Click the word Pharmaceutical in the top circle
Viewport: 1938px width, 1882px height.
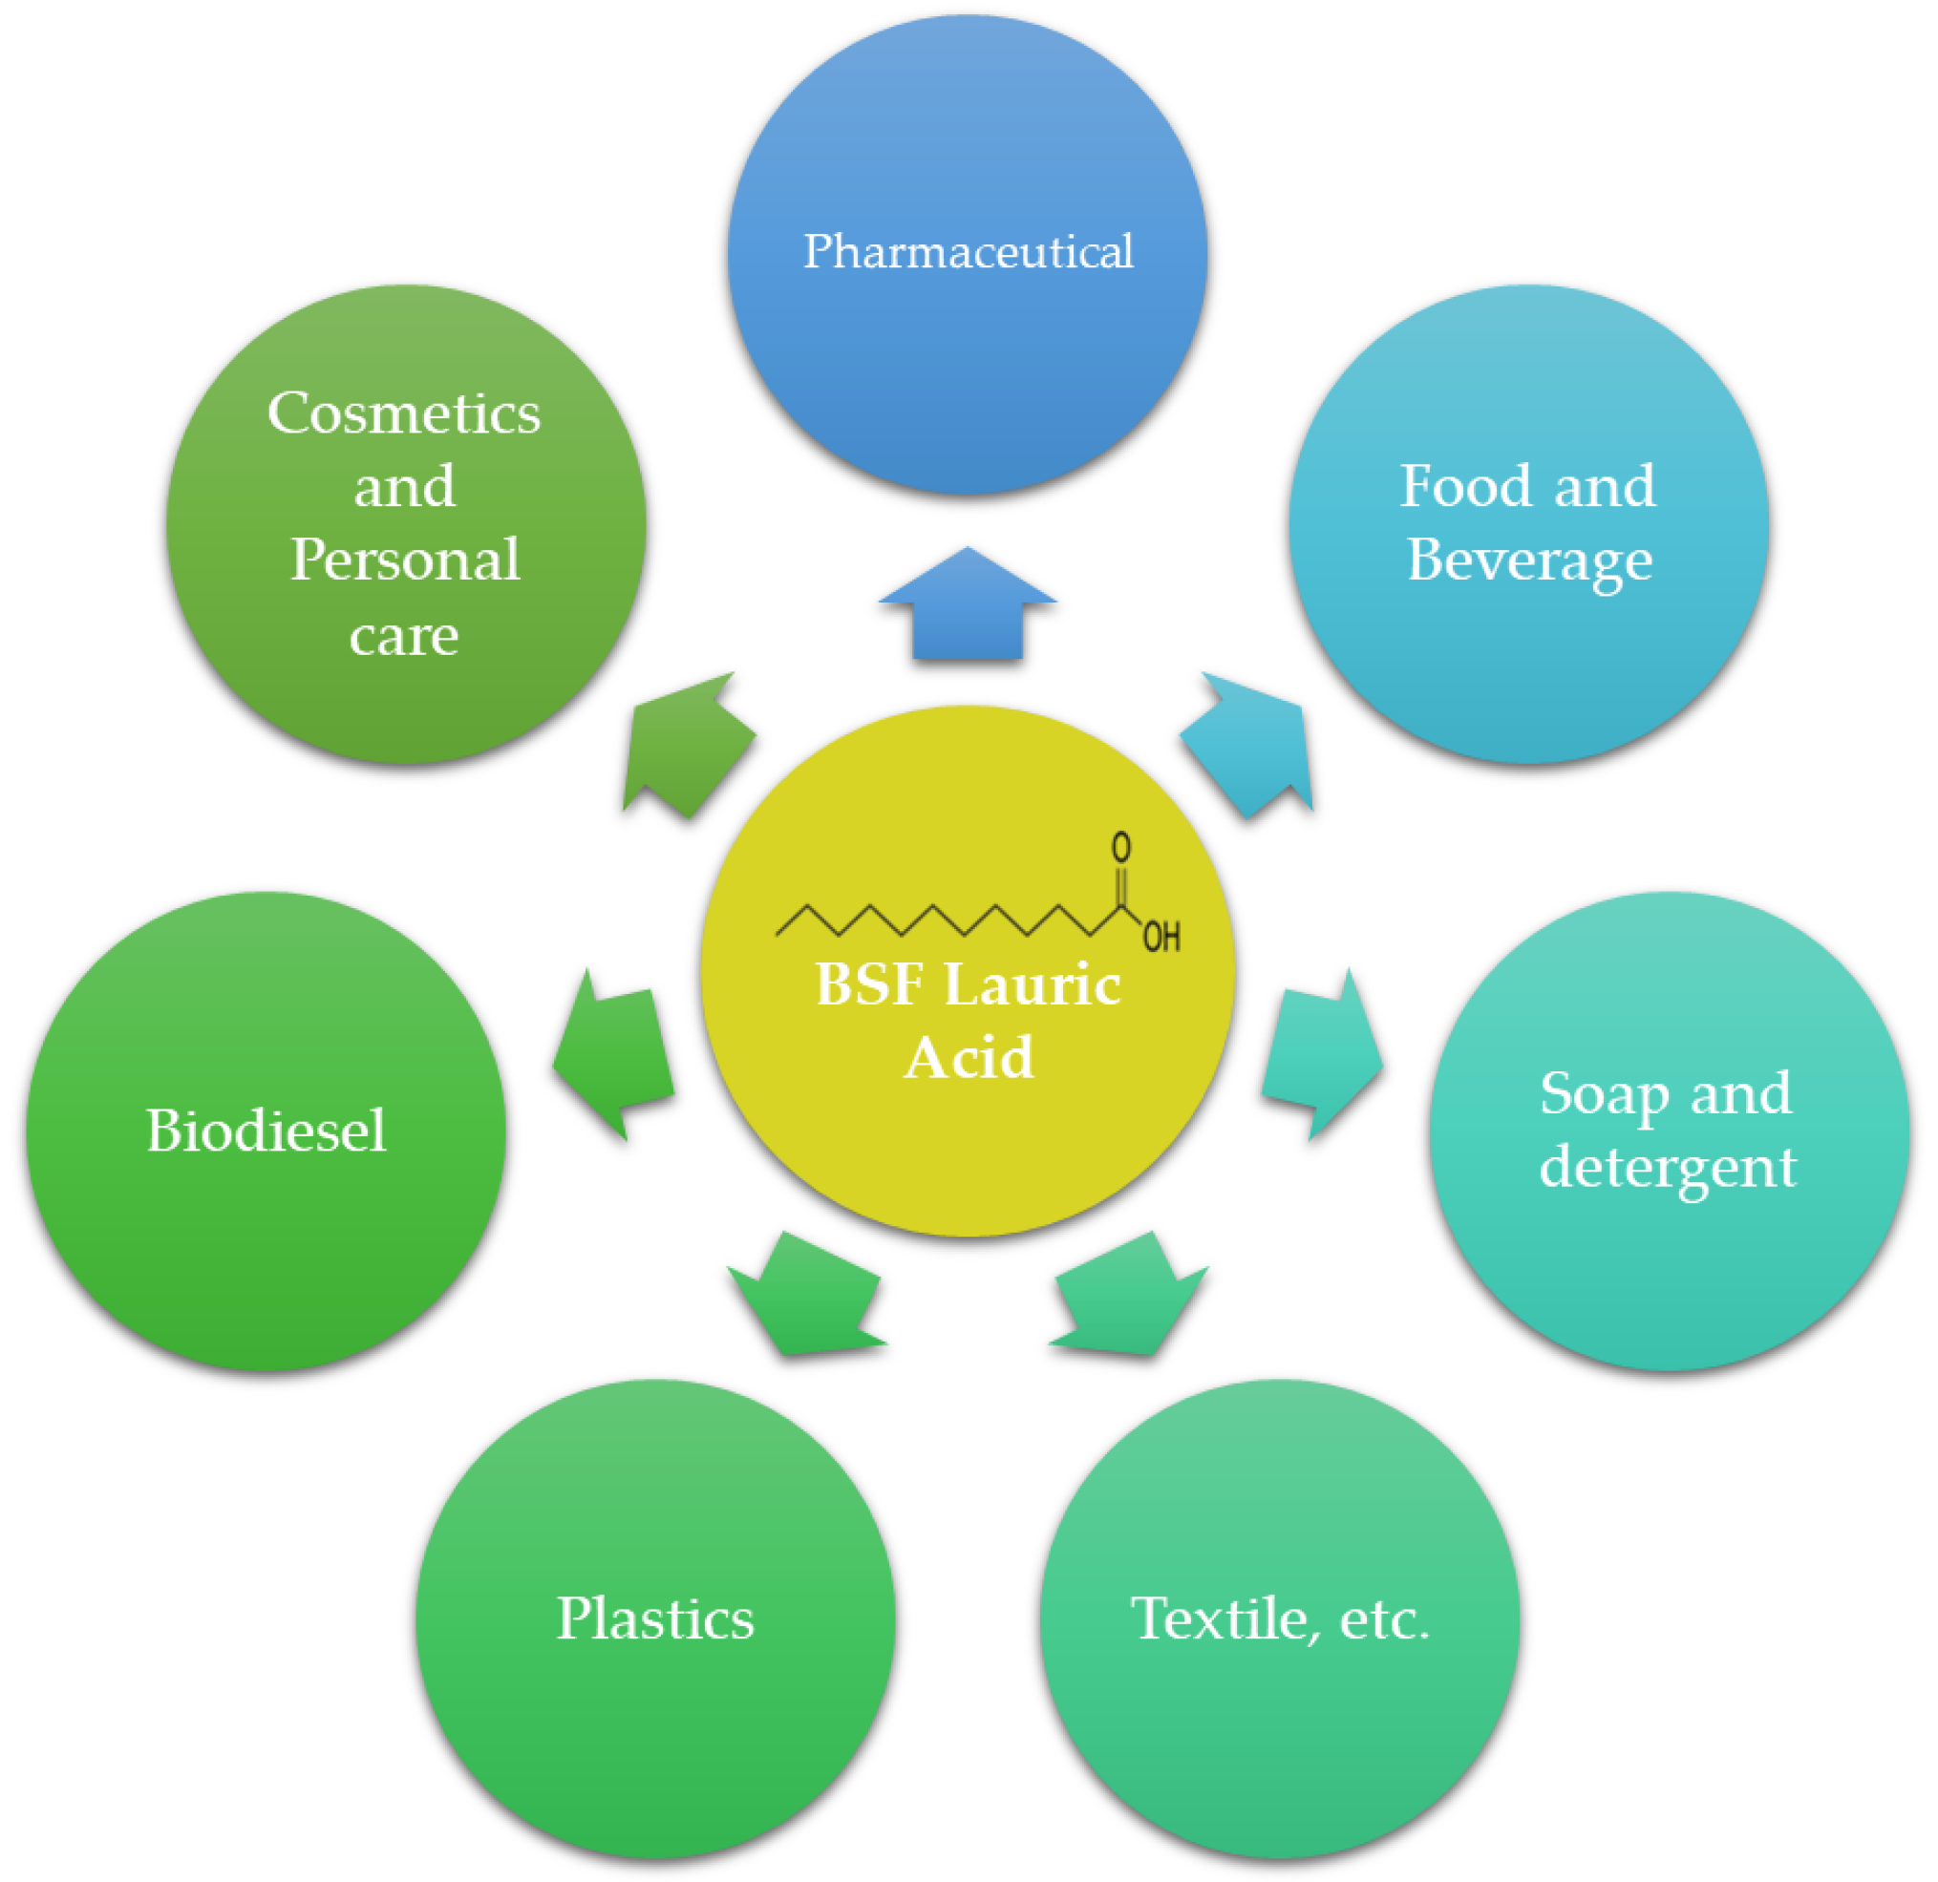pyautogui.click(x=967, y=252)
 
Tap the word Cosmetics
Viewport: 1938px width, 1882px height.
pyautogui.click(x=404, y=413)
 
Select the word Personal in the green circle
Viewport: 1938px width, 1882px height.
pyautogui.click(x=404, y=560)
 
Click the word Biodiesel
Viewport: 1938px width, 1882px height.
pyautogui.click(x=266, y=1131)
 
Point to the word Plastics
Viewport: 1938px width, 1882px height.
pyautogui.click(x=655, y=1618)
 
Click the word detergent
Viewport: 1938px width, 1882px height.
pyautogui.click(x=1667, y=1168)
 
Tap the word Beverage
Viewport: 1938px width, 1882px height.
pyautogui.click(x=1528, y=560)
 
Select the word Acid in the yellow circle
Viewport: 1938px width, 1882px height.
pyautogui.click(x=968, y=1058)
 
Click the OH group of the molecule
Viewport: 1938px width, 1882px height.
pyautogui.click(x=1161, y=935)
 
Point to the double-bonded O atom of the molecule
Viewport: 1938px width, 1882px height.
pyautogui.click(x=1120, y=846)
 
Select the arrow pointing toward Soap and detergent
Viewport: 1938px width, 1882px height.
pyautogui.click(x=1322, y=1057)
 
